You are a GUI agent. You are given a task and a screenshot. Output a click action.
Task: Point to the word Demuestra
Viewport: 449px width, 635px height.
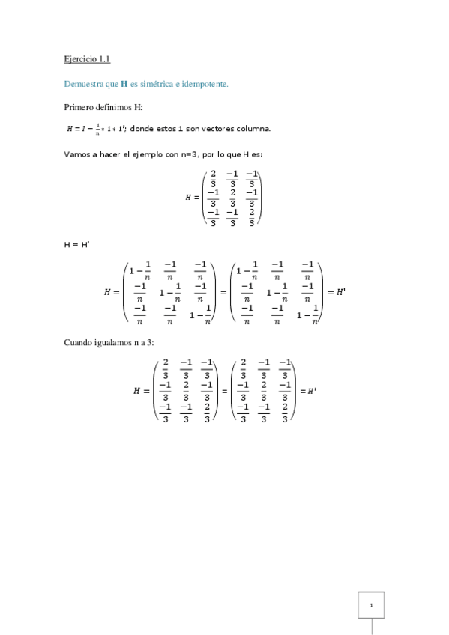point(82,85)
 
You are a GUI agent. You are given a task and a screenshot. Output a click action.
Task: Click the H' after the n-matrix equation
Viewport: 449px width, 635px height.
point(341,293)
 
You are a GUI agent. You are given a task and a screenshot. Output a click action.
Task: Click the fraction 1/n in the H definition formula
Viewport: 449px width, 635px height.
point(97,128)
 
